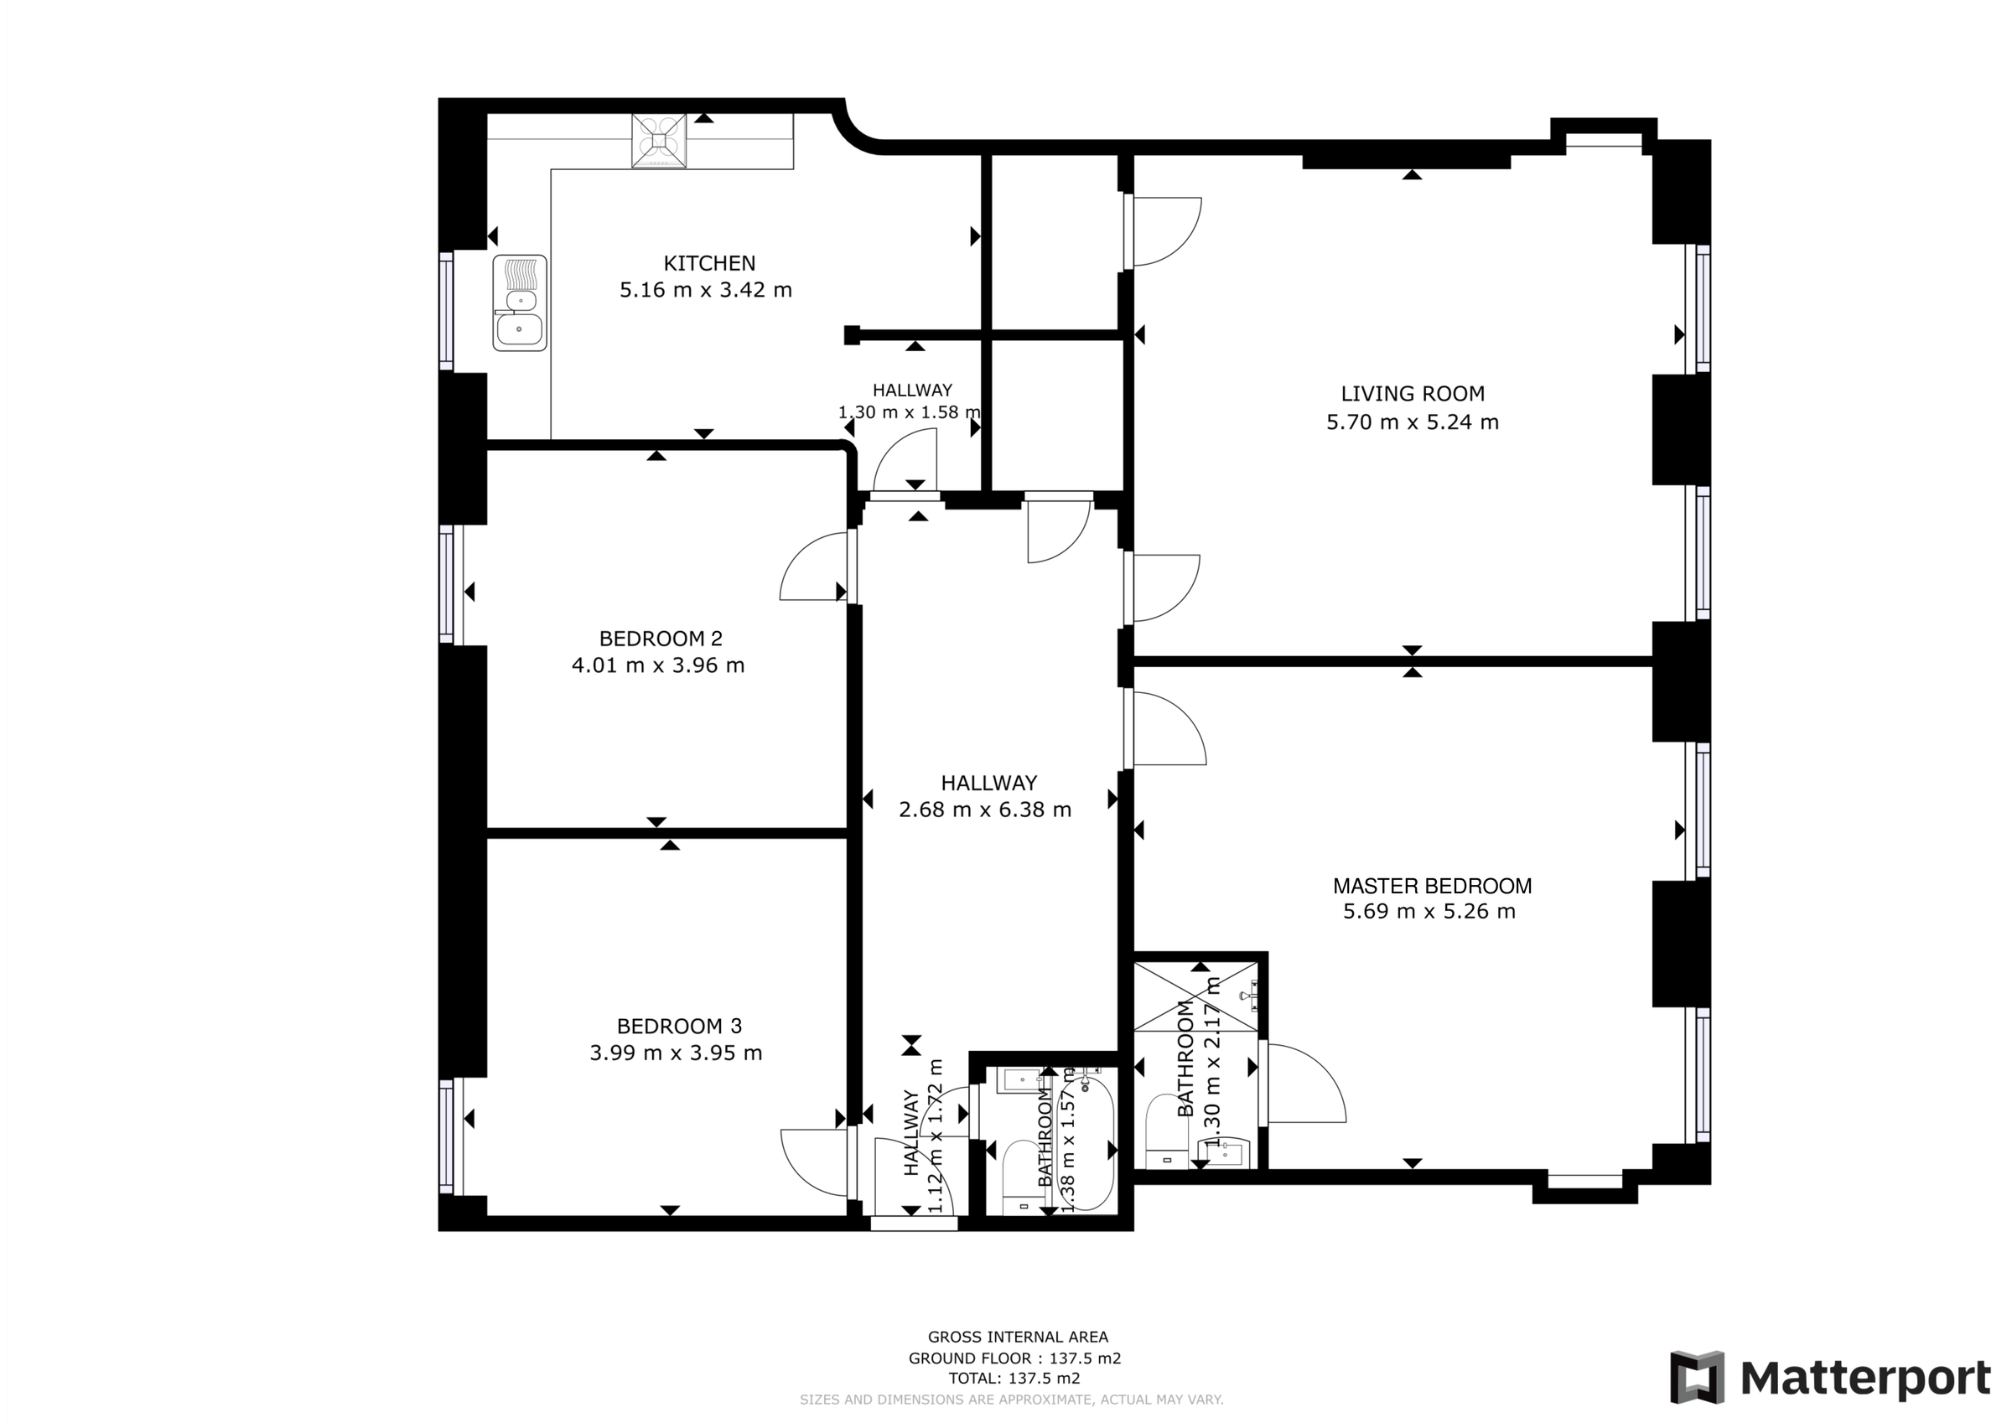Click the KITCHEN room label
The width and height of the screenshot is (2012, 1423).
click(x=709, y=263)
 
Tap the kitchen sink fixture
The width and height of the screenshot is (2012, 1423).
click(x=519, y=303)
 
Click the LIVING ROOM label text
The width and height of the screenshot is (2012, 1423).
click(x=1412, y=395)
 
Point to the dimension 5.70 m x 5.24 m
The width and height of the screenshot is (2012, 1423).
click(x=1412, y=422)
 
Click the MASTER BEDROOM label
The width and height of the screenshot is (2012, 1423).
click(x=1432, y=886)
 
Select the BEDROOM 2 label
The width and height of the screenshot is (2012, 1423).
click(x=661, y=639)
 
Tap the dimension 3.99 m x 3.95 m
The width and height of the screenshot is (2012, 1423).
click(x=676, y=1053)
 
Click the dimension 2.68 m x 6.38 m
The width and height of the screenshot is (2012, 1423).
click(x=984, y=810)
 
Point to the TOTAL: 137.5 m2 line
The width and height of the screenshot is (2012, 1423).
click(x=1014, y=1379)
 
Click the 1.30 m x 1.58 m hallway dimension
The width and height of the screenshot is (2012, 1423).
click(x=909, y=411)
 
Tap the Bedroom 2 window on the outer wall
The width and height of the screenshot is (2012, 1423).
click(x=447, y=584)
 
